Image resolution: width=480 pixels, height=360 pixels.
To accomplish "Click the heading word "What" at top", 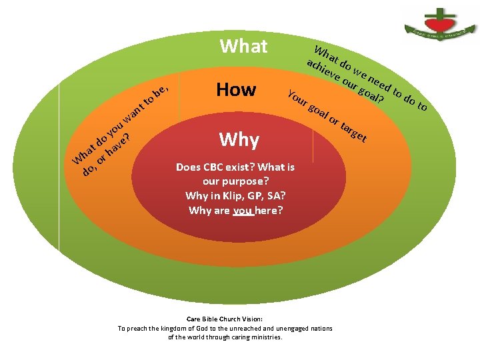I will coord(243,47).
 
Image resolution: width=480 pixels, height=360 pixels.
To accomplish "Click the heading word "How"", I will coord(236,89).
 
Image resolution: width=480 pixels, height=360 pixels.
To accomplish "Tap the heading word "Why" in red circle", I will coord(239,139).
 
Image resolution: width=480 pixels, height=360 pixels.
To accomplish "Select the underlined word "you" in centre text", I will coord(244,211).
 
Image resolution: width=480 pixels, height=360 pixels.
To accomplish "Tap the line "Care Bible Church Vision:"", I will coord(225,319).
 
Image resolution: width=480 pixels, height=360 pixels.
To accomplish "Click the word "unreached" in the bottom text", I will coord(240,328).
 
